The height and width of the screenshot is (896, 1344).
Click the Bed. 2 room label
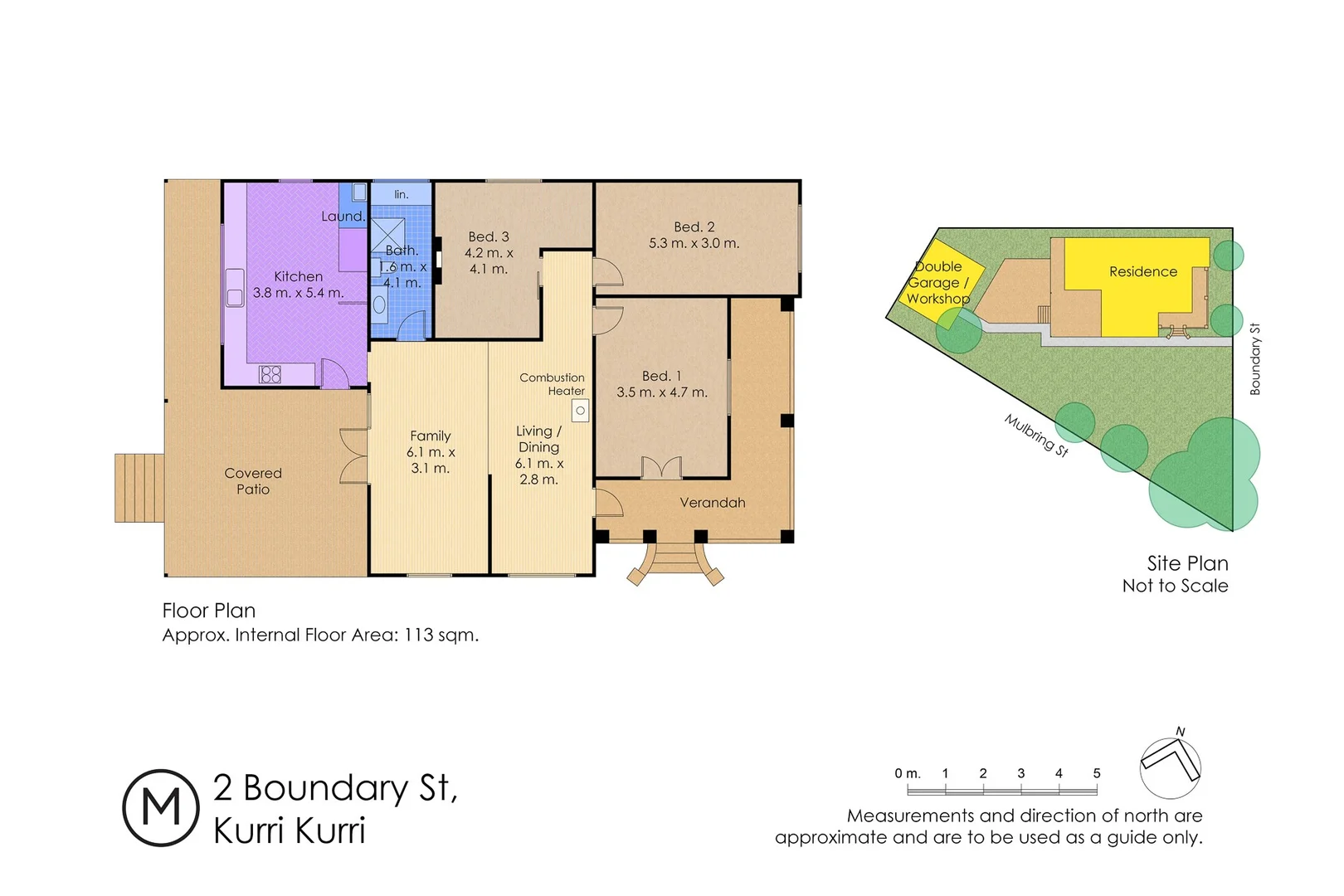(694, 226)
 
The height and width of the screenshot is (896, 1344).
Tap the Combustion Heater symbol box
(580, 411)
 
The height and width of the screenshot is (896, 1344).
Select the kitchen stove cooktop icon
(270, 374)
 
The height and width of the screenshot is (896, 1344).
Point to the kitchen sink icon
(235, 287)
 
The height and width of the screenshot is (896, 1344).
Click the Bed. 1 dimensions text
(661, 392)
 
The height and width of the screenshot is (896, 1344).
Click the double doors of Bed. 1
(661, 469)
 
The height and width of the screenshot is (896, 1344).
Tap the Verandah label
(712, 503)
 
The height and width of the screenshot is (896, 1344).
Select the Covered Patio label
(253, 481)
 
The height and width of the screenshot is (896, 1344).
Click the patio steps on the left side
(139, 488)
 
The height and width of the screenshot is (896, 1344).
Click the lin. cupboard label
(401, 194)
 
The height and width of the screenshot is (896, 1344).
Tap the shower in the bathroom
(387, 234)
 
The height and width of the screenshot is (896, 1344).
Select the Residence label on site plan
(1142, 271)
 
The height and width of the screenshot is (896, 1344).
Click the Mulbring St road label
(1036, 435)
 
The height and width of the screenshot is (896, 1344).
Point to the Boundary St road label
(1254, 358)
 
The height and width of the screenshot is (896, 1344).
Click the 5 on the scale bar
(1096, 773)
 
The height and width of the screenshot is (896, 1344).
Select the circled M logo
(161, 807)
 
